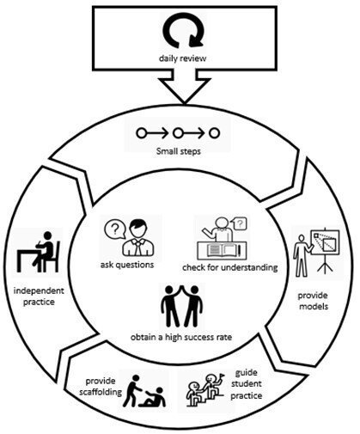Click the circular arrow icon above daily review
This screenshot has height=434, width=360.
tap(183, 33)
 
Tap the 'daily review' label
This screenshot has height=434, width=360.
tap(183, 58)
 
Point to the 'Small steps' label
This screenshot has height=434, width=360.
tap(179, 151)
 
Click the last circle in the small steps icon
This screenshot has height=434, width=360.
tap(214, 133)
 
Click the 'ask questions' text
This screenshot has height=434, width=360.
tap(127, 265)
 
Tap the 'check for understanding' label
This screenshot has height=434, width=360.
tap(230, 267)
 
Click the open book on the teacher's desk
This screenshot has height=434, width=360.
tap(223, 250)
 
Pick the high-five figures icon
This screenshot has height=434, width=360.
tap(182, 306)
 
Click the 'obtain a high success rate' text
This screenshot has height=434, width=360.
tap(181, 337)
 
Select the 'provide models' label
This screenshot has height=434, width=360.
tap(313, 301)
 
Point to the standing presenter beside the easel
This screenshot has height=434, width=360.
tap(302, 255)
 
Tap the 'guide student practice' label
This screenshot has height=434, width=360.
tap(247, 384)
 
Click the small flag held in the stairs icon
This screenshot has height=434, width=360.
tap(222, 376)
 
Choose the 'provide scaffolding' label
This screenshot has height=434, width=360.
tap(101, 386)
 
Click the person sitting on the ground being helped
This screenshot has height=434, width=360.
tap(152, 397)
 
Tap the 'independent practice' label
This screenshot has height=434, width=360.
tap(39, 296)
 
